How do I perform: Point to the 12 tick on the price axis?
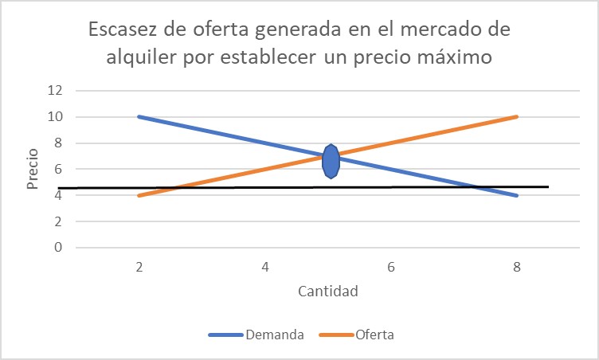[x=54, y=91]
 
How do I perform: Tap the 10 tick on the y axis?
[x=54, y=117]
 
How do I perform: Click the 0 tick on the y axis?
[x=58, y=248]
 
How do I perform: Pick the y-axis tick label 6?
[x=58, y=169]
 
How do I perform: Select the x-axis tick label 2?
[x=139, y=268]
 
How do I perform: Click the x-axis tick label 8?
[x=517, y=268]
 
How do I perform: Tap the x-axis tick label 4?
[x=264, y=268]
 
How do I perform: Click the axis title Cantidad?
[x=327, y=291]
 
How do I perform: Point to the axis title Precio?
[x=33, y=169]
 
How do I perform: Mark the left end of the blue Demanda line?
[x=139, y=116]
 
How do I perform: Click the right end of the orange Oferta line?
[x=517, y=116]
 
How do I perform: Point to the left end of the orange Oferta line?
[x=139, y=195]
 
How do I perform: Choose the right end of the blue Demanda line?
[x=517, y=195]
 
